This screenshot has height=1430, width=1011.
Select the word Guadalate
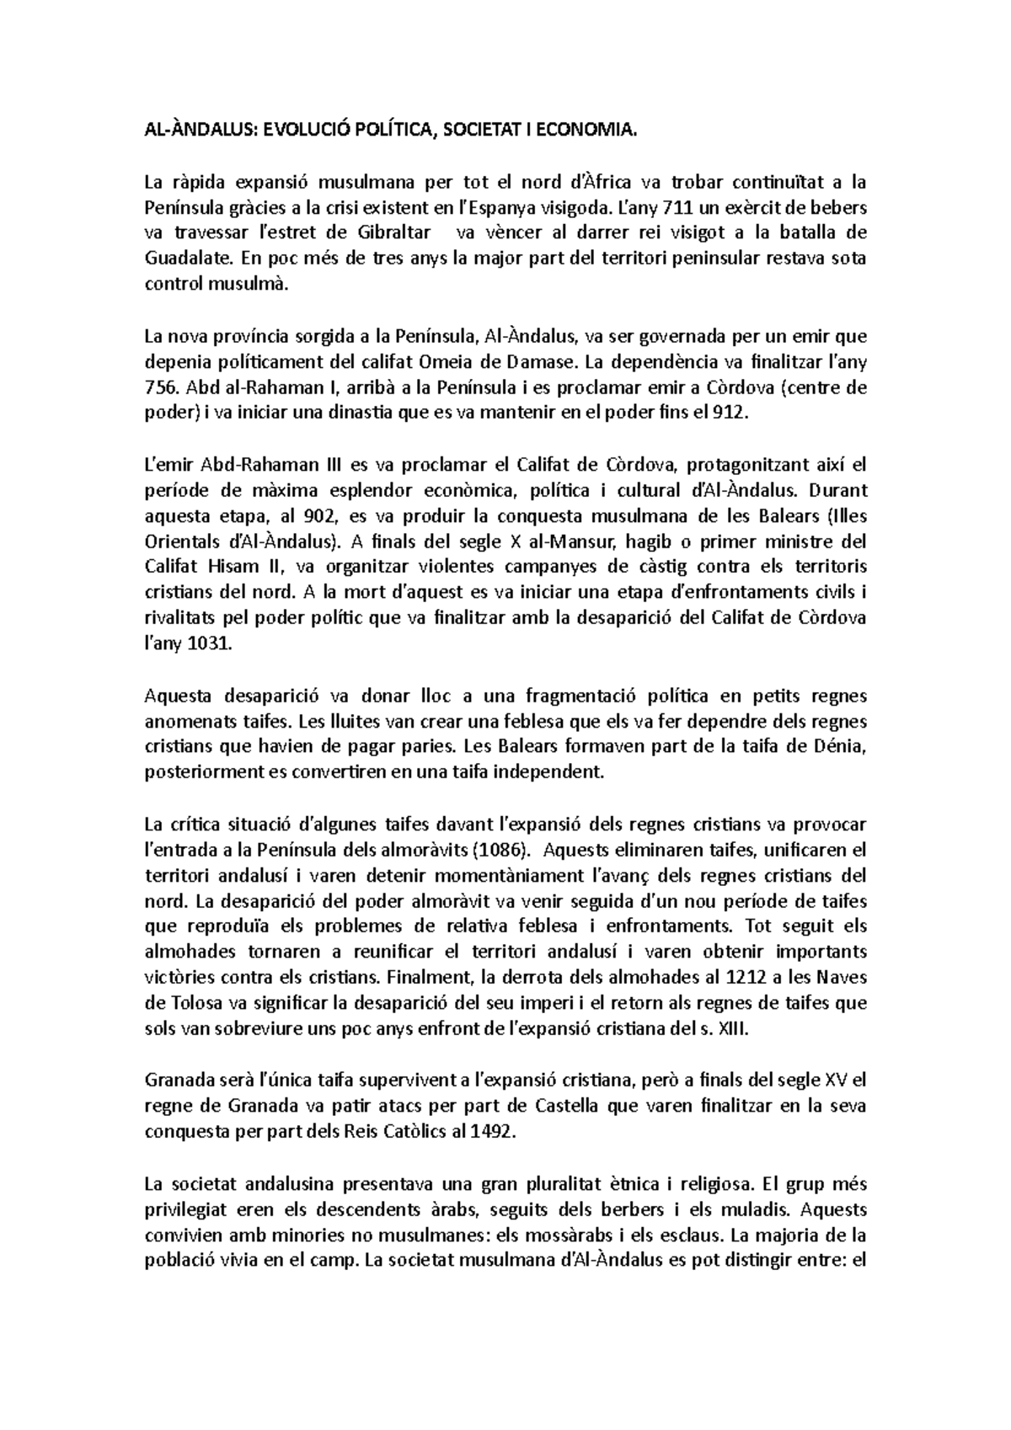click(x=182, y=259)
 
